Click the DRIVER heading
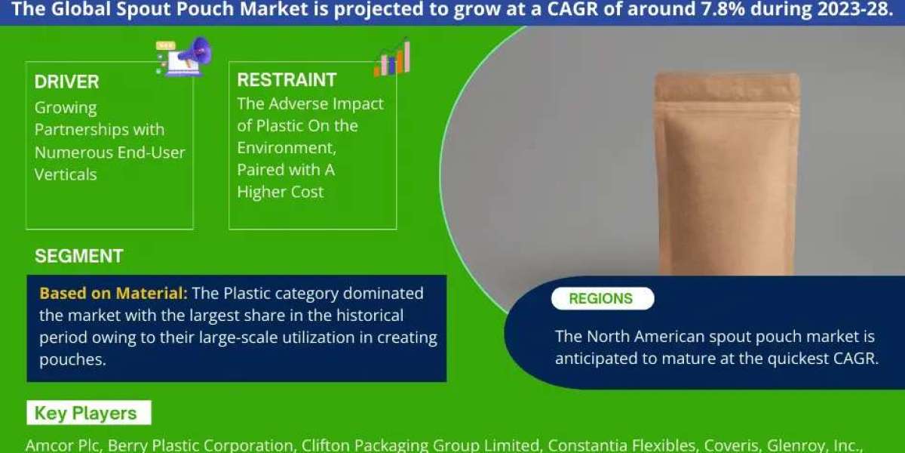(x=66, y=82)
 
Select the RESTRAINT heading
(x=287, y=80)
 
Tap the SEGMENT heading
(x=79, y=256)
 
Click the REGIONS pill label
(x=603, y=298)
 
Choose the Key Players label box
(x=89, y=412)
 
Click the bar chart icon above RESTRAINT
(x=392, y=58)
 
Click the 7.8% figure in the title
(x=722, y=9)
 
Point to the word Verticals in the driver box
(x=66, y=174)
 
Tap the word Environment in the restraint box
(x=287, y=148)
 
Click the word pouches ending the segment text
(x=72, y=359)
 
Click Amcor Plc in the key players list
(x=62, y=445)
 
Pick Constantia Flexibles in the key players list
(x=621, y=445)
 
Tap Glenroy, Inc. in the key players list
(x=812, y=445)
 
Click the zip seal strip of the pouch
(x=727, y=106)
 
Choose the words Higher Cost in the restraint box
(x=281, y=192)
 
